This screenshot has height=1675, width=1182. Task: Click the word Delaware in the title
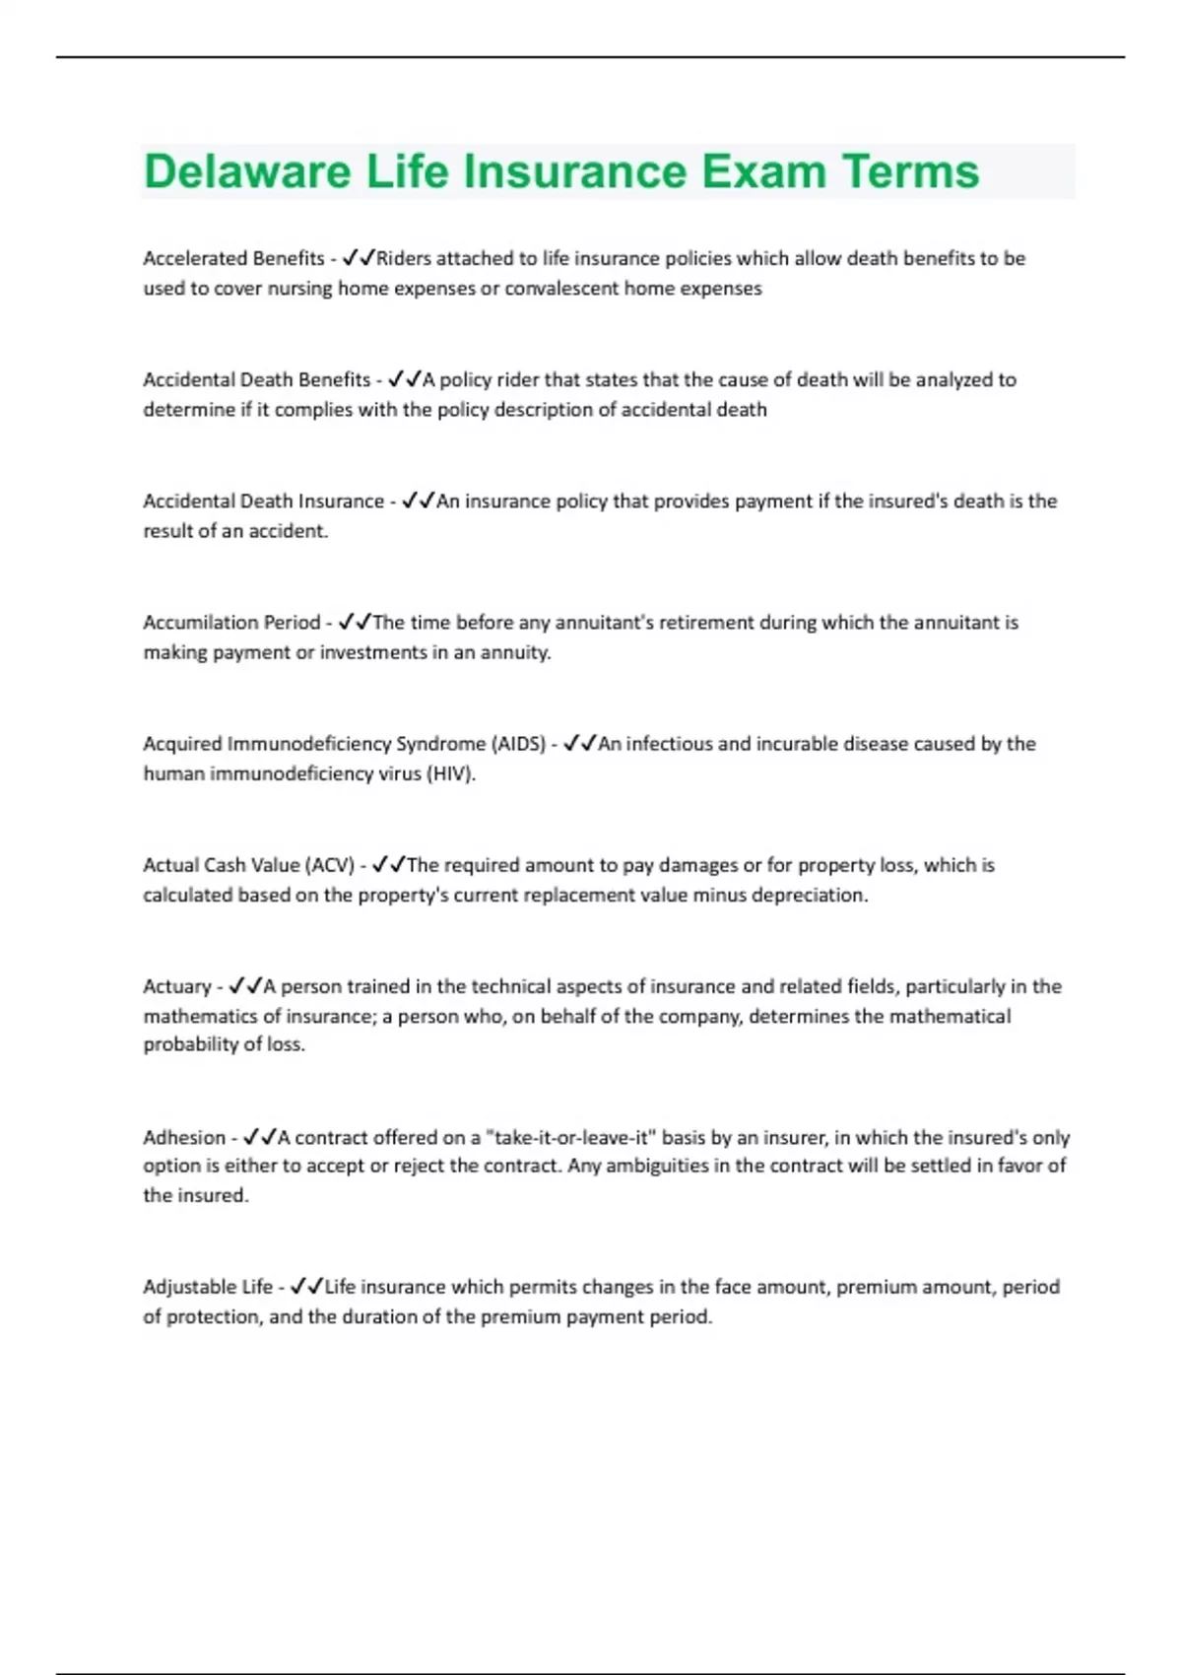[247, 171]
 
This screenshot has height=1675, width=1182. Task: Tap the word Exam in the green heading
[764, 171]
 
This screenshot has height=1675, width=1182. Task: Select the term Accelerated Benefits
[233, 258]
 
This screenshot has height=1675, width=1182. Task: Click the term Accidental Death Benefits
[256, 379]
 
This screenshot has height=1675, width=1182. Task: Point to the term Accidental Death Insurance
[263, 501]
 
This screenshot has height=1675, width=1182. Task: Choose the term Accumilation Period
[231, 622]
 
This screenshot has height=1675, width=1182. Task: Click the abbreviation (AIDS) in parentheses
[518, 744]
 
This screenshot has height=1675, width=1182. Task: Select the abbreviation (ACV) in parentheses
[330, 865]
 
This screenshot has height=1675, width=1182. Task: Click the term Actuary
[177, 986]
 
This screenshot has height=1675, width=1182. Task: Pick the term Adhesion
[184, 1137]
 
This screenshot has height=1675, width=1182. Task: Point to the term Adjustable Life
[208, 1287]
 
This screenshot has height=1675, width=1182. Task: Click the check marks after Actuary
[244, 986]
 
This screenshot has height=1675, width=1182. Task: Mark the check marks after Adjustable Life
[307, 1287]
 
